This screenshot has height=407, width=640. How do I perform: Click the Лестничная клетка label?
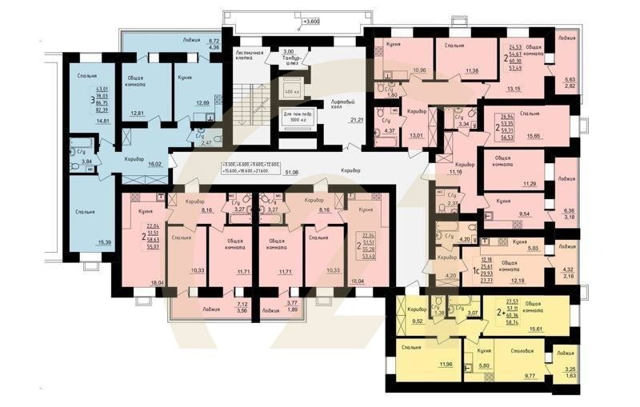click(250, 56)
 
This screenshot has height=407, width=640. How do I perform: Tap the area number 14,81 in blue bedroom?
click(102, 121)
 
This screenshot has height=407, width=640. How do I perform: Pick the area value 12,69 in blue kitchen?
click(202, 102)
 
